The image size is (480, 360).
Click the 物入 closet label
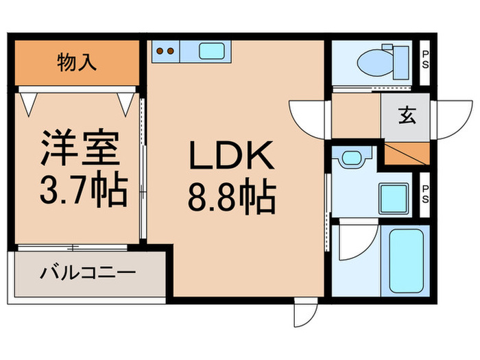tap(77, 64)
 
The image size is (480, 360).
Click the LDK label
tap(231, 158)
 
